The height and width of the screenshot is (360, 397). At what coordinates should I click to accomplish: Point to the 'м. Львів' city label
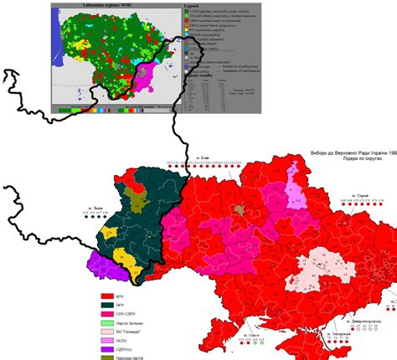tap(97, 206)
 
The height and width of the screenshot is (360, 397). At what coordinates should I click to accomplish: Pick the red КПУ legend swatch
tap(106, 296)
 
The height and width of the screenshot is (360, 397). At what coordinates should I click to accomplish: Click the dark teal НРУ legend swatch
tap(106, 307)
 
